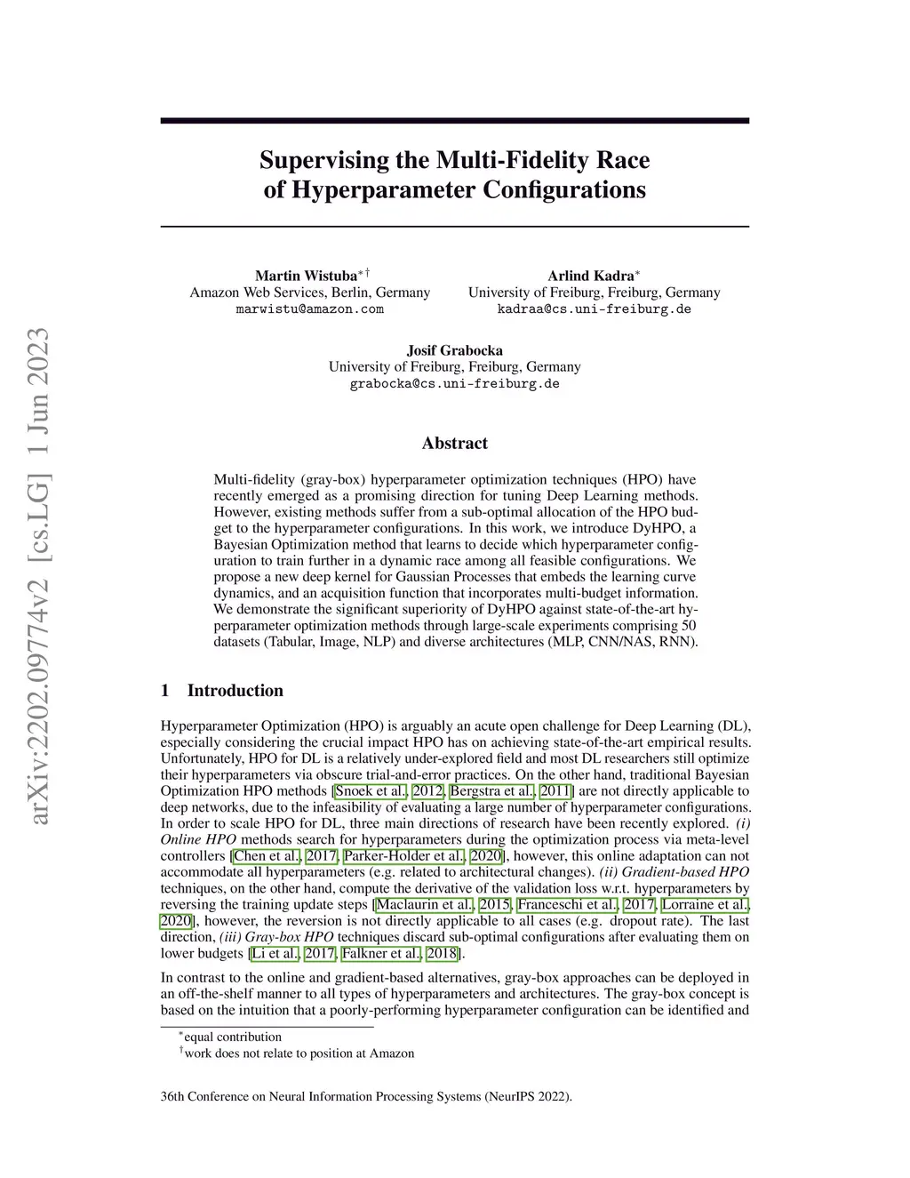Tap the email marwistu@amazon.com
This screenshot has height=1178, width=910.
coord(309,309)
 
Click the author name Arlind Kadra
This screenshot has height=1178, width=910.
coord(590,276)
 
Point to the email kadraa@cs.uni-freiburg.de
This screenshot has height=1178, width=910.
coord(594,309)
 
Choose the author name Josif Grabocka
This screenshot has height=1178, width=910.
coord(454,350)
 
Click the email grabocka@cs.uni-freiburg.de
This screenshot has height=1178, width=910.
coord(454,384)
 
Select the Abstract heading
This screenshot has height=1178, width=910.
coord(454,443)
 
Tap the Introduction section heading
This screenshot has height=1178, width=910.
coord(235,691)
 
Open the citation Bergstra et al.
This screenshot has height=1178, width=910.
coord(492,791)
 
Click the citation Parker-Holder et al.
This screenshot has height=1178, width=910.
coord(403,856)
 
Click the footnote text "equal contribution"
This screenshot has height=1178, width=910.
coord(232,1037)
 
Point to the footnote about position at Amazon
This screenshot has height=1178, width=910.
coord(299,1054)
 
